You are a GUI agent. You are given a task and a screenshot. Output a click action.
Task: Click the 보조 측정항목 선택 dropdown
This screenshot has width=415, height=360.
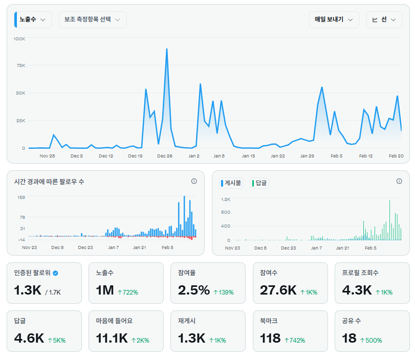(92, 19)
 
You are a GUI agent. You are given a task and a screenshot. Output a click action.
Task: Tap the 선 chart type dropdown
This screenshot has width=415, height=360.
(384, 19)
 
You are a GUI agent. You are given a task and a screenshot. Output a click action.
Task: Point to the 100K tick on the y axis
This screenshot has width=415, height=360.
(19, 39)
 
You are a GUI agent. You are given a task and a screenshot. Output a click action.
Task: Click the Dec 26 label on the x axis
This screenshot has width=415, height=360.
(165, 156)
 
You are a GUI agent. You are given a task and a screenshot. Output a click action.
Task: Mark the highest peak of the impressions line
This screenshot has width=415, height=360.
(167, 49)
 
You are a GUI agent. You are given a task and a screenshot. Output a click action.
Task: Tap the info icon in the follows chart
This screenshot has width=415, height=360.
(194, 181)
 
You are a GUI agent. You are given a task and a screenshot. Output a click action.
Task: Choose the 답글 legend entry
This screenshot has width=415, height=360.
(259, 183)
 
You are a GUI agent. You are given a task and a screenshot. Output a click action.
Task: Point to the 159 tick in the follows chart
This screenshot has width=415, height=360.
(21, 197)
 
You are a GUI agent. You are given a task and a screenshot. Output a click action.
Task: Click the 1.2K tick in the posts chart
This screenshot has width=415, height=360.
(226, 199)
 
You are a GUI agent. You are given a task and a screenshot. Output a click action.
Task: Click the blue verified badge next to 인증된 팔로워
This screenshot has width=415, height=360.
(55, 273)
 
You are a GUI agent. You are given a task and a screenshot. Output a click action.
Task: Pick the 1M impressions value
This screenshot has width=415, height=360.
(105, 291)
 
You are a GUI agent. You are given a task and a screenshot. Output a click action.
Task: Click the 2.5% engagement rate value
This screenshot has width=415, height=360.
(194, 291)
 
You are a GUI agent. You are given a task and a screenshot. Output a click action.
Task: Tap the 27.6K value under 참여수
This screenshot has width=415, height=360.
(278, 291)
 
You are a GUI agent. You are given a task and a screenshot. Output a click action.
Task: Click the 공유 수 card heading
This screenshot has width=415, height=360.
(352, 321)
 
